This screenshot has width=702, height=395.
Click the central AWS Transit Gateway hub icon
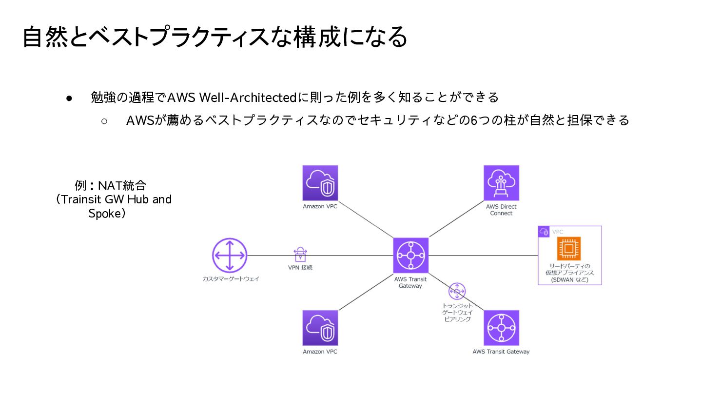coord(411,256)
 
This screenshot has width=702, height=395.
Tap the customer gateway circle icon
coord(230,256)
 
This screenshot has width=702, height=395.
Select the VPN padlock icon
coord(300,254)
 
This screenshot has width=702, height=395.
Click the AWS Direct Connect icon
coord(501,183)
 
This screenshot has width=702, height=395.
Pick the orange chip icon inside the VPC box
coord(569,249)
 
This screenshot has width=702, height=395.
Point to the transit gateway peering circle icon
coord(457,291)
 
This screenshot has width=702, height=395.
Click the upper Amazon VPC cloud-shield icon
coord(320,183)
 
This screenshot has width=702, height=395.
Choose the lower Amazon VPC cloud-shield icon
coord(320,328)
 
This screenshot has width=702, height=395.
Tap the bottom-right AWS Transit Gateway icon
coord(501,328)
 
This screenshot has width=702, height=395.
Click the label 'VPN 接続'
coord(300,268)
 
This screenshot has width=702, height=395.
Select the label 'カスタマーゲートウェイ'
coord(231,279)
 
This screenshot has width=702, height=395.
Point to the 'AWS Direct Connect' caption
coord(501,210)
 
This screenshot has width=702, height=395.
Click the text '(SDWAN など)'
coord(569,280)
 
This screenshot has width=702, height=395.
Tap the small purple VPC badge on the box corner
coord(544,232)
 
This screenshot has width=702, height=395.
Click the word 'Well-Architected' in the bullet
coord(248,98)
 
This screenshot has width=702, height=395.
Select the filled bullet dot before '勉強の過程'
coord(69,98)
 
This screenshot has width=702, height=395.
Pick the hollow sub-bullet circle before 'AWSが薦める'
coord(104,120)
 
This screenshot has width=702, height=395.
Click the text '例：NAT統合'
coord(110,186)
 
